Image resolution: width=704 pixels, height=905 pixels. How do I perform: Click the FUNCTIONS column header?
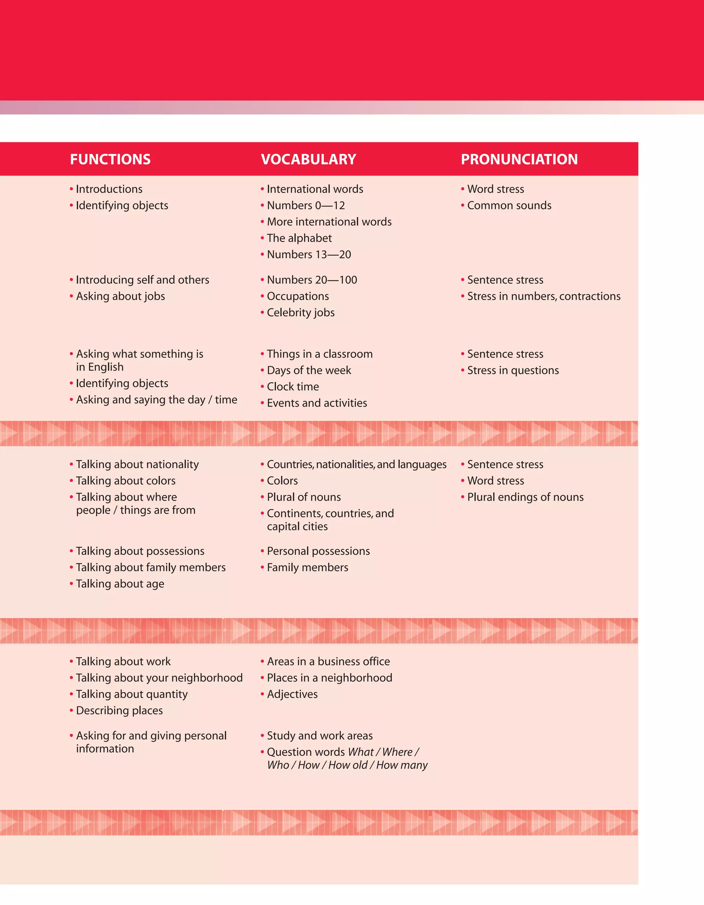point(110,159)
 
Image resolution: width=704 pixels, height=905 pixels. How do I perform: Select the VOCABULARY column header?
point(308,159)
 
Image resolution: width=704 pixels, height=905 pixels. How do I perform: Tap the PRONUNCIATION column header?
point(519,159)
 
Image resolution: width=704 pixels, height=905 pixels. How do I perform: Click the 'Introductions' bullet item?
point(109,189)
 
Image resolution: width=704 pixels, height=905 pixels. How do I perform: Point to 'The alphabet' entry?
point(299,238)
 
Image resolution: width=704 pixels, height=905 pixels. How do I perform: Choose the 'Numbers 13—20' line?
point(309,254)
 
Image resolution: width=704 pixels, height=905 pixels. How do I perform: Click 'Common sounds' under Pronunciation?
point(509,206)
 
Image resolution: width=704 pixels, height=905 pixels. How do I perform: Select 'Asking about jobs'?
point(120,296)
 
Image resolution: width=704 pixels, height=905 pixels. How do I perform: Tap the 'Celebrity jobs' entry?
point(300,312)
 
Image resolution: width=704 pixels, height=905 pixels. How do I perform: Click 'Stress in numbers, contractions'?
point(544,296)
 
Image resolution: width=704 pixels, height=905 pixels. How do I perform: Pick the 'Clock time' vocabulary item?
point(293,387)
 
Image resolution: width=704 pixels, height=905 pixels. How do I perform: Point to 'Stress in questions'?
point(513,371)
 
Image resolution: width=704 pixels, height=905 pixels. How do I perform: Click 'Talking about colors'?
point(125,481)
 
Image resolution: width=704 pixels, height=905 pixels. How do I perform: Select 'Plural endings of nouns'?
point(525,497)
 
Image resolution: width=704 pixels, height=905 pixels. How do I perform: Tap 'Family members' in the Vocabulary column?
point(307,567)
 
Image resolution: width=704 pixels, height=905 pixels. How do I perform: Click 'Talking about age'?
point(120,584)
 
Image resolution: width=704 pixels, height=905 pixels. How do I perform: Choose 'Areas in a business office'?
point(328,661)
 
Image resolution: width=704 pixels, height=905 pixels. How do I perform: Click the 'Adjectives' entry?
point(292,694)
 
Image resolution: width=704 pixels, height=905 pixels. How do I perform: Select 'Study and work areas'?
point(319,736)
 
